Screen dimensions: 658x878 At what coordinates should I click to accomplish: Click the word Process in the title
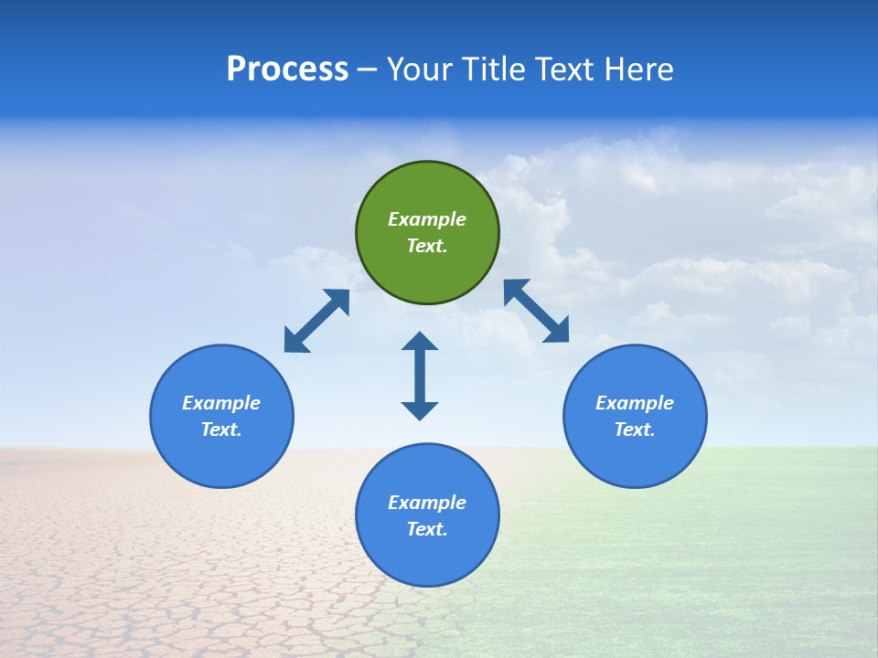(x=287, y=69)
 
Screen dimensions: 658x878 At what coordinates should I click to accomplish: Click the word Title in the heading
(x=495, y=69)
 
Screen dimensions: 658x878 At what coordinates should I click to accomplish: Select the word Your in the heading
(x=417, y=69)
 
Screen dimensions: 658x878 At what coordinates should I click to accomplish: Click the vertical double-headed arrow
(x=420, y=377)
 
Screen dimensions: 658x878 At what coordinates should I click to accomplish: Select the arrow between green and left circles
(x=316, y=321)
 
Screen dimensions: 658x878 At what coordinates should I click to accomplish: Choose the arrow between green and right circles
(x=537, y=311)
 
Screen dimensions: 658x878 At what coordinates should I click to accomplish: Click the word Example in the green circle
(x=427, y=219)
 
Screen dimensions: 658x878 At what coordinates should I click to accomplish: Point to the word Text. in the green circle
(x=427, y=246)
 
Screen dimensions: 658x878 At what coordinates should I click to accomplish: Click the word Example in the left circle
(x=221, y=403)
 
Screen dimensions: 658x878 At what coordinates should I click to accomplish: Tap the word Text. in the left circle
(x=221, y=430)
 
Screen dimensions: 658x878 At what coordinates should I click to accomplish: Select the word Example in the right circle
(x=635, y=403)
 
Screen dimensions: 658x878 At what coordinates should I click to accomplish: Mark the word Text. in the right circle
(x=635, y=430)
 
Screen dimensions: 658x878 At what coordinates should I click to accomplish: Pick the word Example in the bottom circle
(x=427, y=503)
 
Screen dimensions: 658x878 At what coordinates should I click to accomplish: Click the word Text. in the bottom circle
(x=427, y=529)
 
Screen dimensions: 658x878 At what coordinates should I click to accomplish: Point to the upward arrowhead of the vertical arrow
(x=420, y=343)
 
